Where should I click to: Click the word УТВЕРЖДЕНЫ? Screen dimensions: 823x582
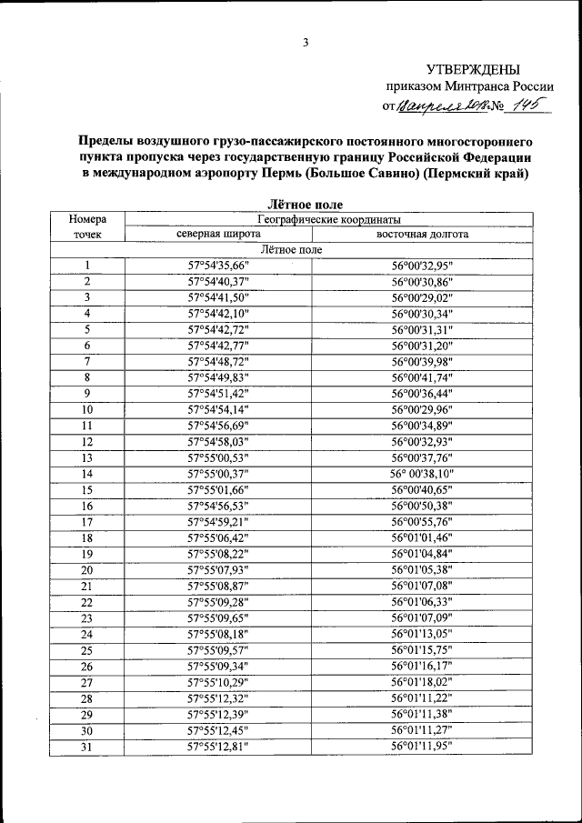[x=474, y=69]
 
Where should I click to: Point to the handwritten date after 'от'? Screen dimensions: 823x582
[x=440, y=107]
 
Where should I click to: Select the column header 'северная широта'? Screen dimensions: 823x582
[x=217, y=234]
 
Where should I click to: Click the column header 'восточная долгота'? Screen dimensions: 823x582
[x=423, y=234]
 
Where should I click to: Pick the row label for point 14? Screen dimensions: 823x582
[x=87, y=474]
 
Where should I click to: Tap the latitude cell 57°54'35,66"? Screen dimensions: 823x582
[x=217, y=266]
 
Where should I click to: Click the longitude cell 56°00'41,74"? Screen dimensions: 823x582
[x=422, y=376]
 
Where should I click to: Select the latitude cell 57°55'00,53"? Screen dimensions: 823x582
[x=217, y=457]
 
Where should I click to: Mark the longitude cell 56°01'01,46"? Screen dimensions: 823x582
[x=422, y=538]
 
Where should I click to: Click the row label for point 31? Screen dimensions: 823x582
[x=87, y=747]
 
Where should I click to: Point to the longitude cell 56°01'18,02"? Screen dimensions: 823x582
[x=422, y=682]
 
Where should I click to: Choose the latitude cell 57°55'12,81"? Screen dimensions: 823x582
[x=217, y=747]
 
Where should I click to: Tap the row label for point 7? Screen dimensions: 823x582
[x=87, y=361]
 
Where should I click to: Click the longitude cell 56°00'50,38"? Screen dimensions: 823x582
[x=422, y=506]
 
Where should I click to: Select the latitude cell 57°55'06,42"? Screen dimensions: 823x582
[x=217, y=538]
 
